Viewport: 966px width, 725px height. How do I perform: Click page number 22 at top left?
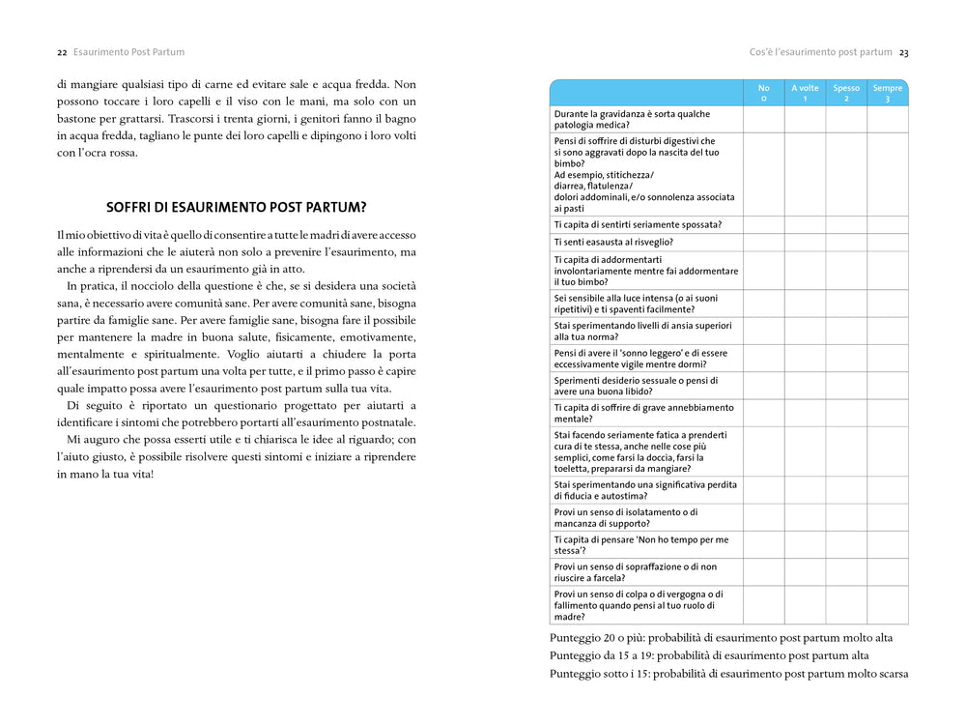[x=62, y=52]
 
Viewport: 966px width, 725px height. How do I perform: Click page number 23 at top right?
[x=903, y=52]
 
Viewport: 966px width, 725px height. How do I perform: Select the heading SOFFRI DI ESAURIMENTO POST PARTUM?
[x=236, y=207]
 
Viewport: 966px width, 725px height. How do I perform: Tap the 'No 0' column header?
[x=763, y=93]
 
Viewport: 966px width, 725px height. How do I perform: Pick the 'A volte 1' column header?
[x=805, y=93]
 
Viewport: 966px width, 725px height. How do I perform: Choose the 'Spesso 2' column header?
[x=846, y=93]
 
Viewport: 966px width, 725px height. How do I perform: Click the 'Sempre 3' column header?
[x=888, y=93]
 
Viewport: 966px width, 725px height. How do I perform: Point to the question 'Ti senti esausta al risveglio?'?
[x=613, y=242]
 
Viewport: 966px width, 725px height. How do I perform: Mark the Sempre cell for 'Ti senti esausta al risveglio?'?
[x=888, y=242]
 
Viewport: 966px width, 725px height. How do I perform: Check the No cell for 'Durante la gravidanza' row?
[x=763, y=119]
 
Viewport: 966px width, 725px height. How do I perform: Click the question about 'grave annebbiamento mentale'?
[x=644, y=414]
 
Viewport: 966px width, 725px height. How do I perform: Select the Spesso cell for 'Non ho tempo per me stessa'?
[x=846, y=545]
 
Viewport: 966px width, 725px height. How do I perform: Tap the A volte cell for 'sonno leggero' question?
[x=805, y=359]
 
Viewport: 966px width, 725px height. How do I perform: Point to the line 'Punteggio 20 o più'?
[x=721, y=638]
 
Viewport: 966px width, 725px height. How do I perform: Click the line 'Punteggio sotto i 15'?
[x=728, y=674]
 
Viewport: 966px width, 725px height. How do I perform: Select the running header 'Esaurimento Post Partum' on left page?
[x=128, y=52]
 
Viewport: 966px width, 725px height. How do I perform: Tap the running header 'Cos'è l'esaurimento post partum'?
[x=820, y=52]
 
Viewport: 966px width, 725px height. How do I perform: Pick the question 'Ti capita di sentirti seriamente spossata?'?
[x=638, y=224]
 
